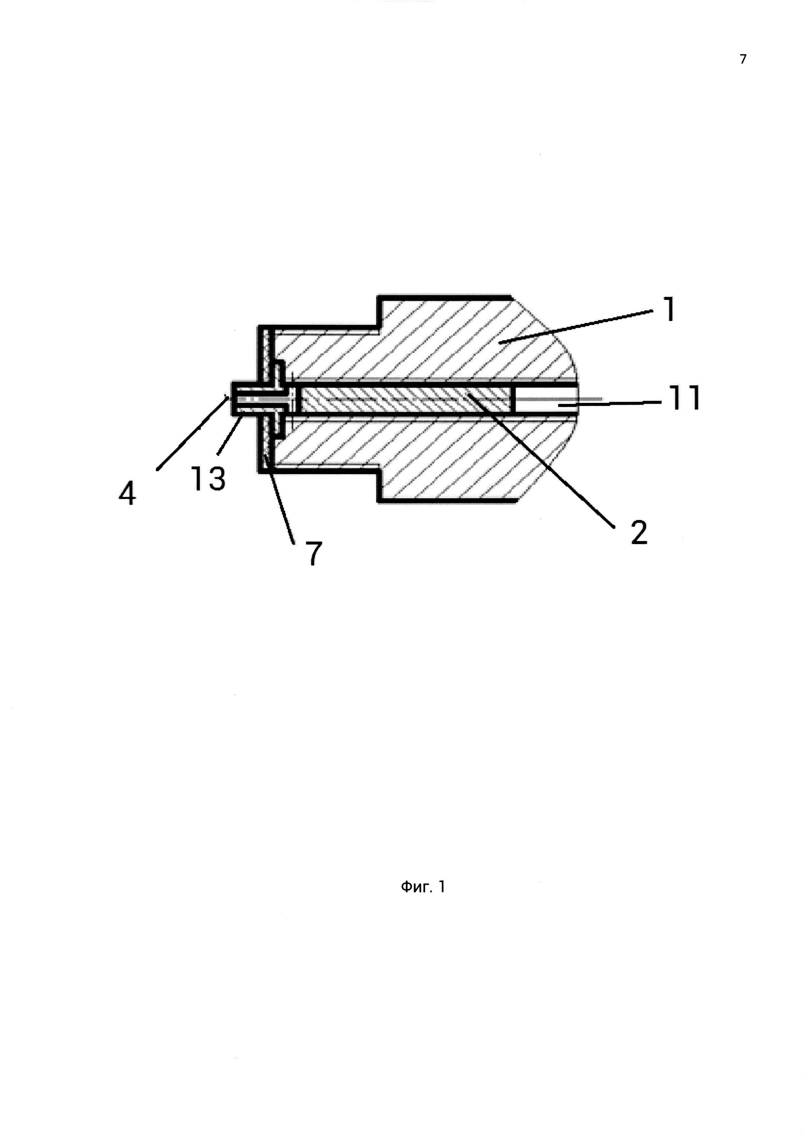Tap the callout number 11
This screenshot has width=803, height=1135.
684,398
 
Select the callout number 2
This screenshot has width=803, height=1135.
639,532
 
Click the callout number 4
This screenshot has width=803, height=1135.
127,493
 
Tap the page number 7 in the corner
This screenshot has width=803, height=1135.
743,59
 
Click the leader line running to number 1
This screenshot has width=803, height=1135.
579,326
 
